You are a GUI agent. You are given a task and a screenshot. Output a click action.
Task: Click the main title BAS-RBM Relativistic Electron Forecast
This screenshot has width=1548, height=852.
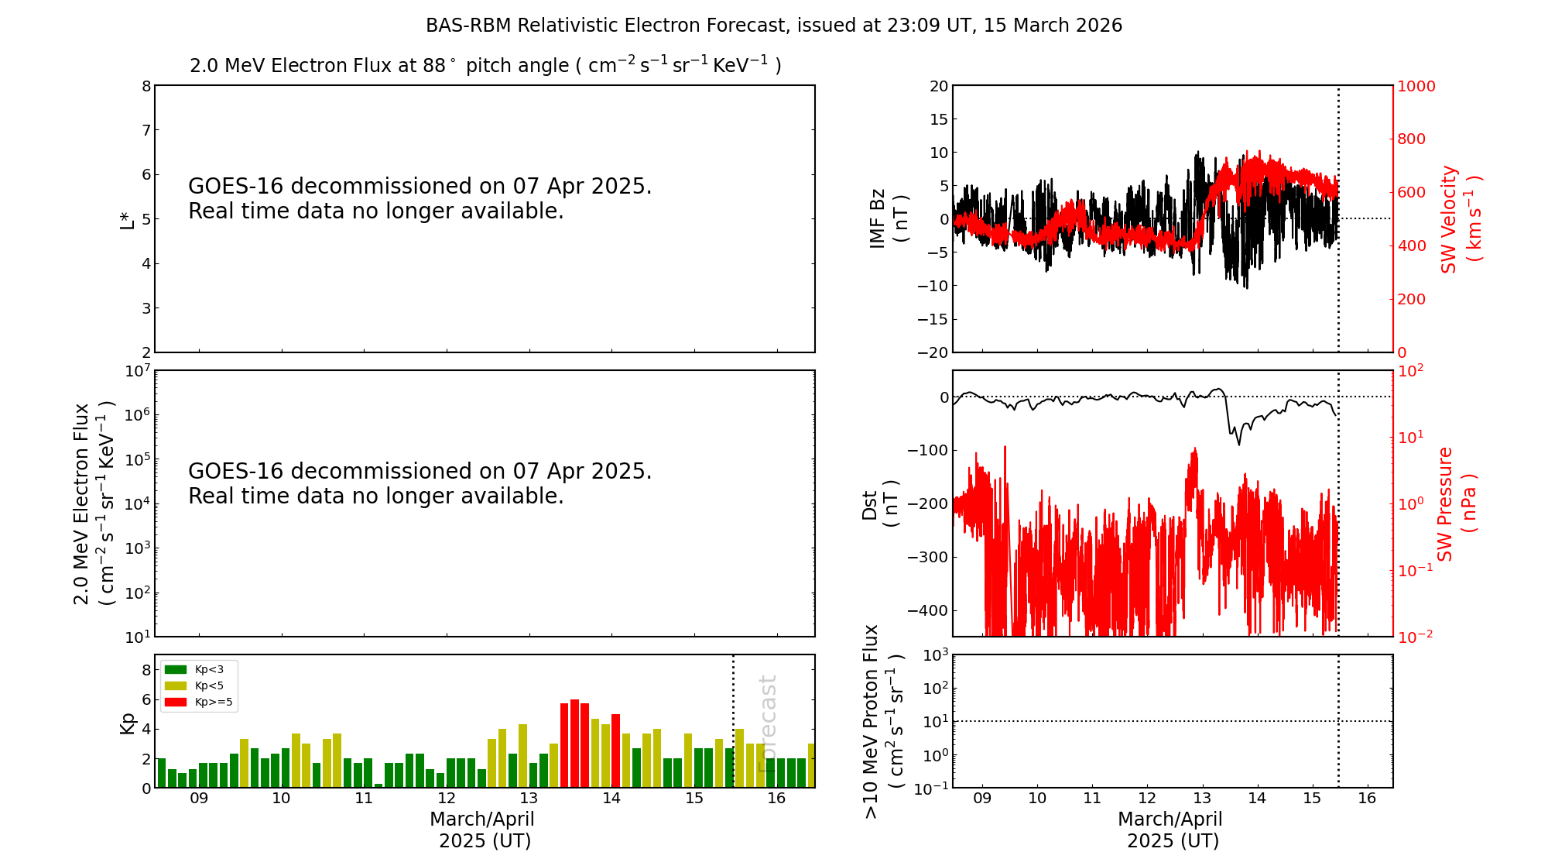point(773,26)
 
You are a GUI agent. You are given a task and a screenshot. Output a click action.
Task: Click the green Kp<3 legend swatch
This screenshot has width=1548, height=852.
point(176,669)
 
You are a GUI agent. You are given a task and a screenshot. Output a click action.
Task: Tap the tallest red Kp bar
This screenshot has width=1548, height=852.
point(574,744)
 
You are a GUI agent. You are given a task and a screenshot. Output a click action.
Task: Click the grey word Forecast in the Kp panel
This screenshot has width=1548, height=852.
point(767,723)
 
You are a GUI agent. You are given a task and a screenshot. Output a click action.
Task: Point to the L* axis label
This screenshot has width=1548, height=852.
point(127,219)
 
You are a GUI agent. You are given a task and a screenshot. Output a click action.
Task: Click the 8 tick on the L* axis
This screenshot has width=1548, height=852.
point(146,86)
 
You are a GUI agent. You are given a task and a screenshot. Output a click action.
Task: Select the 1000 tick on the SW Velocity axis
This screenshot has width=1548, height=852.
point(1416,86)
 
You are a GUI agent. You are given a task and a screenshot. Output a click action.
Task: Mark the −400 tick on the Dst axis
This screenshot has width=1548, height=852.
point(927,610)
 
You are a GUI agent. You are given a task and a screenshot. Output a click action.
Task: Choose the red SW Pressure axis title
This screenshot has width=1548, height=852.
point(1455,504)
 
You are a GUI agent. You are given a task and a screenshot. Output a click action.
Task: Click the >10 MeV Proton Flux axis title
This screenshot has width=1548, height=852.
point(883,721)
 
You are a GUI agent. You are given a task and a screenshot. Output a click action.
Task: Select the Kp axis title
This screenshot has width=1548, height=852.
point(128,723)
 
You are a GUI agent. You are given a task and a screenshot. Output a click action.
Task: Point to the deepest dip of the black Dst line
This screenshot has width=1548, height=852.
point(1238,445)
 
